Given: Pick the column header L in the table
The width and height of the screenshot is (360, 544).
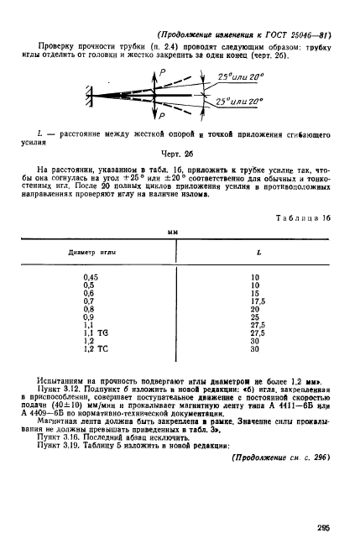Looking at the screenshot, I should pyautogui.click(x=256, y=251).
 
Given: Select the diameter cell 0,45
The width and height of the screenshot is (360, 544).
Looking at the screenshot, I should pyautogui.click(x=91, y=276).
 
